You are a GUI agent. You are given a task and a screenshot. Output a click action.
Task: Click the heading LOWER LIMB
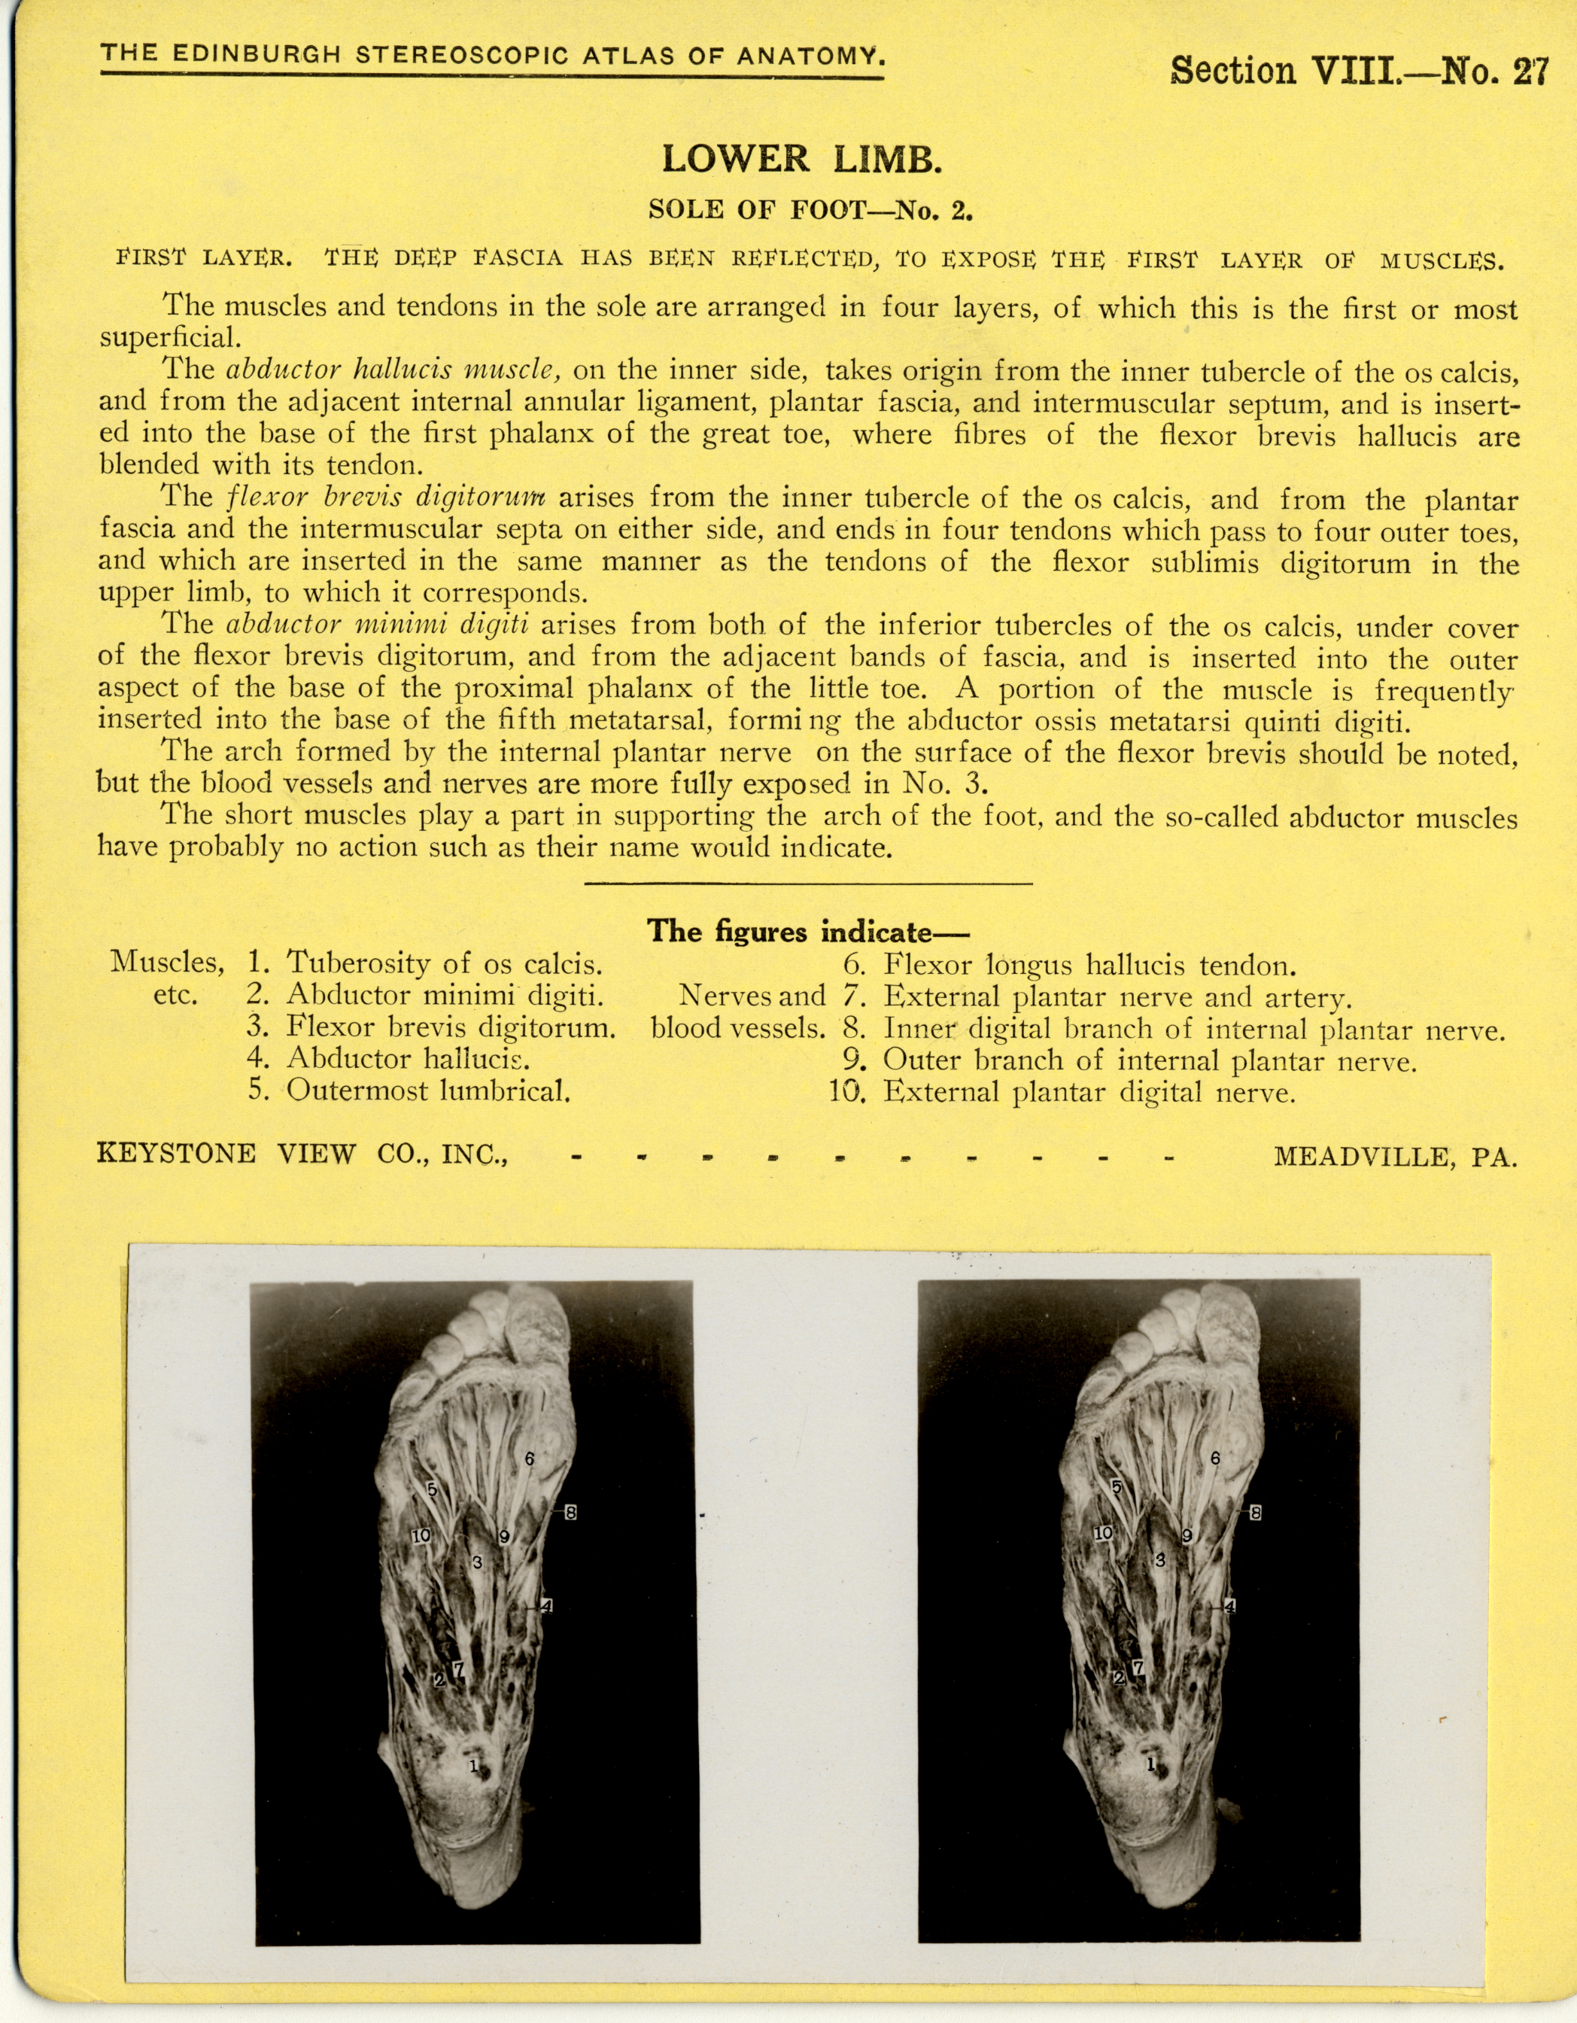(x=802, y=160)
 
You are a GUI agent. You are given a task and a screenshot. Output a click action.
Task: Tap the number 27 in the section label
(x=1530, y=71)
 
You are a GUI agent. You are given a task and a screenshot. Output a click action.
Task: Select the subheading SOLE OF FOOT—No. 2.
(x=810, y=210)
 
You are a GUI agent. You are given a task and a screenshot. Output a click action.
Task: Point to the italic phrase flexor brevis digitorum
(x=386, y=497)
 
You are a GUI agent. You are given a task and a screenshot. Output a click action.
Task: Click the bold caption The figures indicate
(x=807, y=931)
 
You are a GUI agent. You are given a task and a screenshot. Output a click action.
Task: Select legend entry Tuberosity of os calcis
(x=445, y=964)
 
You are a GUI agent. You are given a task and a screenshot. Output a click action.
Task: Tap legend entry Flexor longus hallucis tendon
(x=1088, y=966)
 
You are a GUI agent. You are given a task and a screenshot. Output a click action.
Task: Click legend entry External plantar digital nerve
(x=1088, y=1093)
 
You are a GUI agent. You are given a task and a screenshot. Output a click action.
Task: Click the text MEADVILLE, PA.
(x=1396, y=1156)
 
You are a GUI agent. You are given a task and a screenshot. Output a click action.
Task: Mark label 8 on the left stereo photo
(x=570, y=1513)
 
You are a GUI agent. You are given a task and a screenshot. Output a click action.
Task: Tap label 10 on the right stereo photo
(x=1103, y=1534)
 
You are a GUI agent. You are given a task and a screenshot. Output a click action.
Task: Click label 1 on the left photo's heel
(x=473, y=1766)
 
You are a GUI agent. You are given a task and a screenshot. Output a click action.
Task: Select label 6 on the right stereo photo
(x=1215, y=1458)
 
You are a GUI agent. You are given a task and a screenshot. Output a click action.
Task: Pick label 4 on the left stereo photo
(x=546, y=1606)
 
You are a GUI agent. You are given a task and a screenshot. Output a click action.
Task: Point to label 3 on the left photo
(x=477, y=1562)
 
